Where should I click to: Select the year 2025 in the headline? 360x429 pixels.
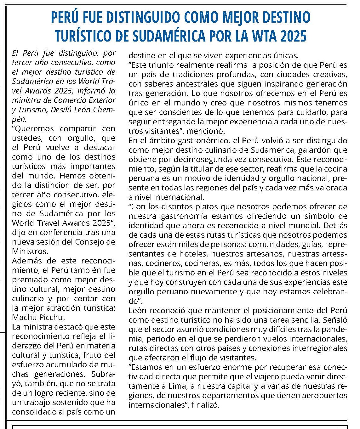[x=293, y=36]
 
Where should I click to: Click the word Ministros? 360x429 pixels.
[x=30, y=251]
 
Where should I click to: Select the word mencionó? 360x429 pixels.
[x=209, y=131]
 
